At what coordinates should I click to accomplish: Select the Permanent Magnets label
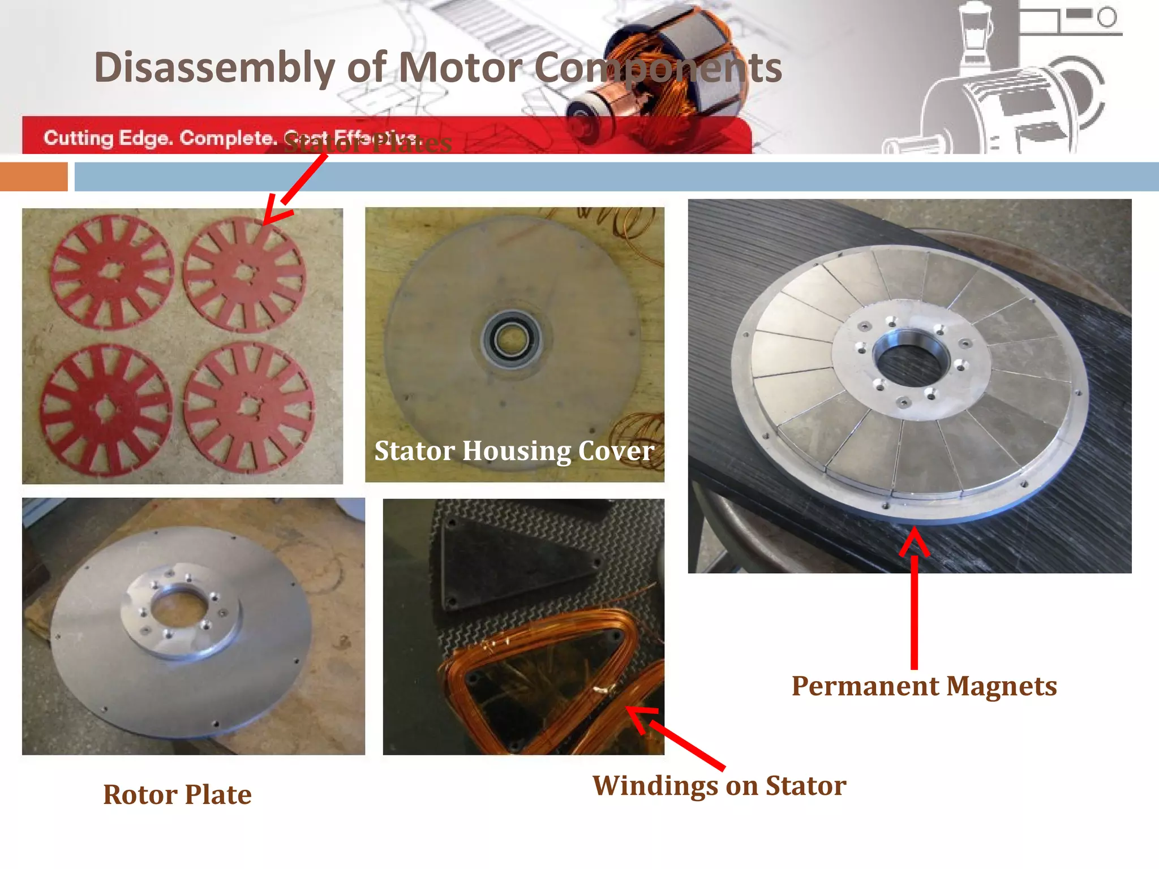tap(924, 686)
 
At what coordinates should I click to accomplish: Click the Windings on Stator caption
tap(719, 786)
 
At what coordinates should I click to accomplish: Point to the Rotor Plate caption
tap(177, 795)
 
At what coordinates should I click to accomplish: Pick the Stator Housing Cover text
tap(514, 451)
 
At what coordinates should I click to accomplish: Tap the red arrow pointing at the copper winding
tap(673, 735)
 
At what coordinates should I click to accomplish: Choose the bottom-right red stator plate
tap(249, 406)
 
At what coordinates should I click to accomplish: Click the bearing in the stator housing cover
tap(512, 341)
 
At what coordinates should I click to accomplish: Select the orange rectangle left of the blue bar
tap(33, 177)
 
